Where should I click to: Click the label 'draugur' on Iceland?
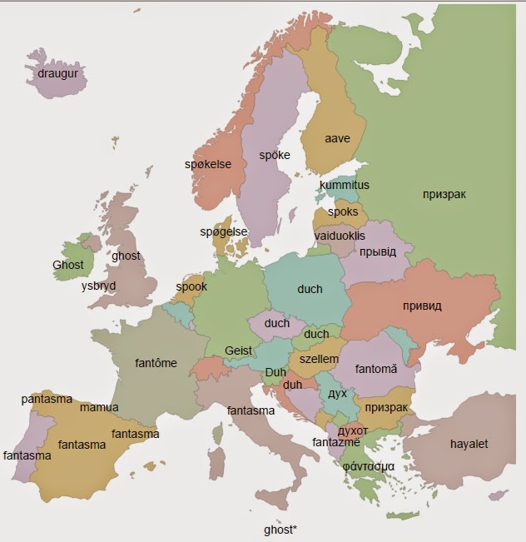tap(57, 73)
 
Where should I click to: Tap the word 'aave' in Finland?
tap(337, 138)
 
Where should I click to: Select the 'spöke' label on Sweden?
tap(274, 155)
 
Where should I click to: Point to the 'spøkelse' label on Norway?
tap(208, 164)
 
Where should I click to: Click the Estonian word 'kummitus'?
tap(344, 185)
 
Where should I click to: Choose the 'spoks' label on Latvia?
tap(343, 212)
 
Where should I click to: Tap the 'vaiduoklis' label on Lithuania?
tap(340, 236)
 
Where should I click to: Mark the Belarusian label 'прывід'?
tap(378, 251)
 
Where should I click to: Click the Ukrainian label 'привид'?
tap(422, 306)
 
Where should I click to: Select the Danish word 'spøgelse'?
tap(224, 231)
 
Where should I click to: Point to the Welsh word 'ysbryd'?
tap(98, 286)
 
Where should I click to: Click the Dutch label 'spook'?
tap(191, 286)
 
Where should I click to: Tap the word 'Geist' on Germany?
tap(238, 351)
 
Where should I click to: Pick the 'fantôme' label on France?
tap(156, 363)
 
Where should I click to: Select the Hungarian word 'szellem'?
tap(319, 359)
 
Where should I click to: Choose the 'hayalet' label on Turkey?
tap(469, 443)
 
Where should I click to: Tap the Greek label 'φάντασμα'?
tap(368, 465)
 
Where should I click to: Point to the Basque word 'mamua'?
tap(99, 407)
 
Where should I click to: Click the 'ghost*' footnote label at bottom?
tap(280, 530)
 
